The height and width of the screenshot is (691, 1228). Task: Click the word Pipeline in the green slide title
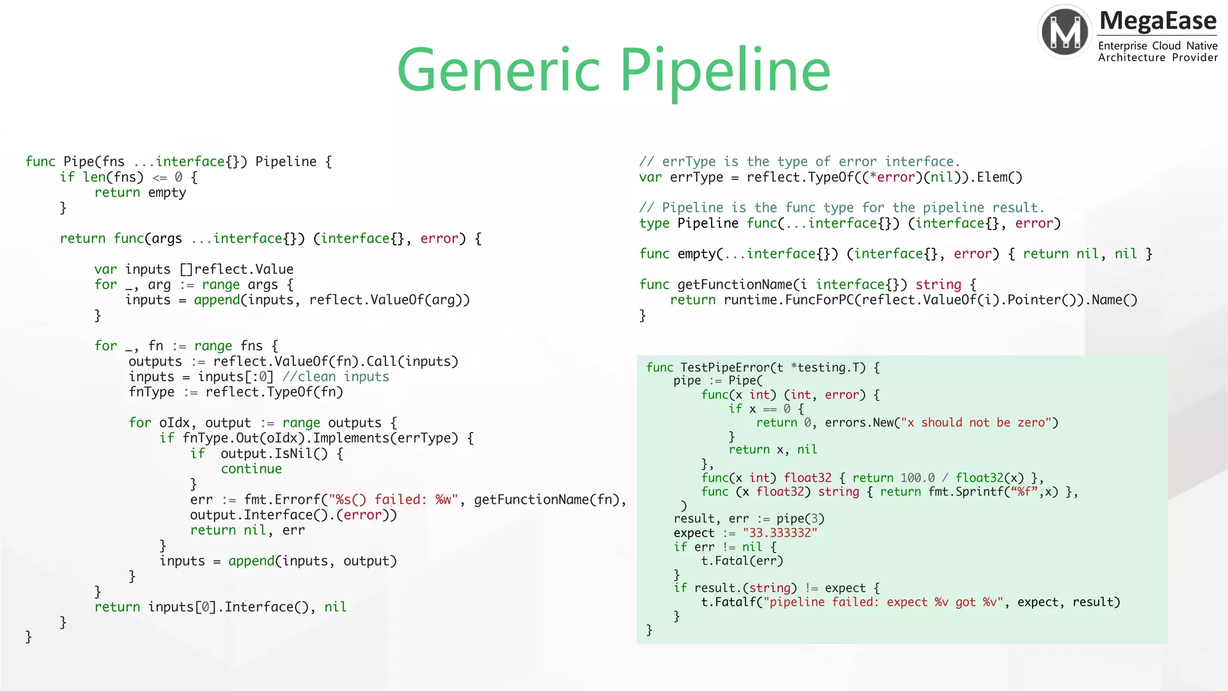[x=725, y=71]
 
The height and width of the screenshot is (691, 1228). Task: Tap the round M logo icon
[x=1065, y=32]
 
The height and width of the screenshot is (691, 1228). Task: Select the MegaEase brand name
[x=1158, y=21]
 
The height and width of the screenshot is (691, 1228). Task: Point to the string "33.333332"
[x=779, y=533]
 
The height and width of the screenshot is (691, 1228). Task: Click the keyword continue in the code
[x=251, y=468]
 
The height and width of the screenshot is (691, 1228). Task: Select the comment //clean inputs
[x=335, y=377]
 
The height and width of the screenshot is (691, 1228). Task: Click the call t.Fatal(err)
[x=742, y=561]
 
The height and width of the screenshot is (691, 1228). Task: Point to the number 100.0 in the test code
[x=917, y=477]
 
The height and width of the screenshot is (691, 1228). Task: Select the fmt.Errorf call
[x=282, y=500]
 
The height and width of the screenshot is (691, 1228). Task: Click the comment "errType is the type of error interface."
[x=799, y=161]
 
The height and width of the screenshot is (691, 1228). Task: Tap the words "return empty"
[x=140, y=193]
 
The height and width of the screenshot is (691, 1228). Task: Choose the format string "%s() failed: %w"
[x=393, y=500]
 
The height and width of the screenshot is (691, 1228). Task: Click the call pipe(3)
[x=800, y=518]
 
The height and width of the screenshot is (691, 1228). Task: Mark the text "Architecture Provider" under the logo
[x=1157, y=58]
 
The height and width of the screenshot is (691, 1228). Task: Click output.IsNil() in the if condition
[x=274, y=453]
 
